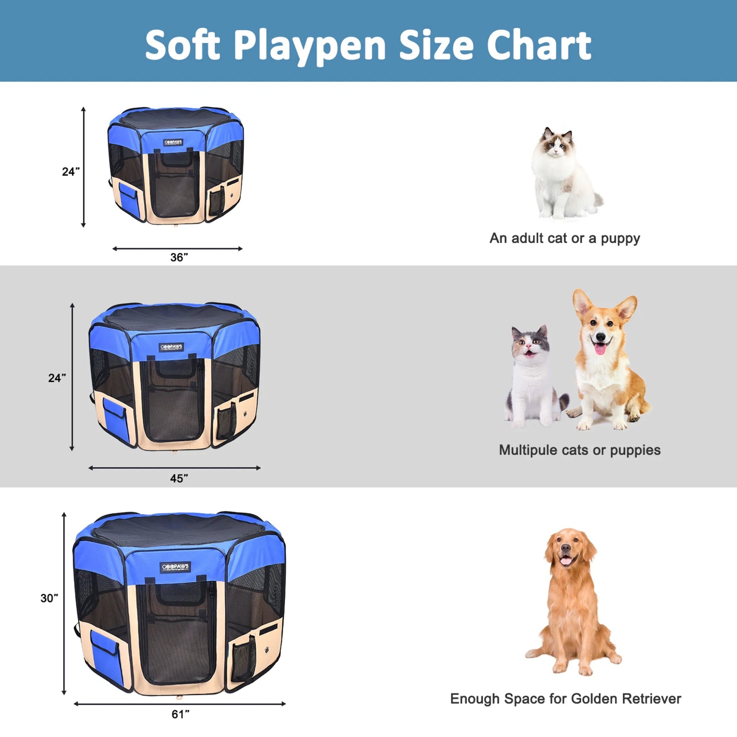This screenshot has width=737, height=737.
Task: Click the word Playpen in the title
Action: coord(310,46)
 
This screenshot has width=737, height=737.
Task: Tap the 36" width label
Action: coord(179,258)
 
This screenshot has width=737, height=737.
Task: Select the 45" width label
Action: coord(179,479)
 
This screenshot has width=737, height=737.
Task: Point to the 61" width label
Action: coord(181,714)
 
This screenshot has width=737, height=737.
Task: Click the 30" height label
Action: coord(49,598)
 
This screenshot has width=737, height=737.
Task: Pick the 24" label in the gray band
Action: coord(57,378)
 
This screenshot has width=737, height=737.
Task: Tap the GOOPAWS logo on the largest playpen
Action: coord(175,567)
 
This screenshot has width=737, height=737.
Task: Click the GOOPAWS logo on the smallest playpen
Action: coord(173,142)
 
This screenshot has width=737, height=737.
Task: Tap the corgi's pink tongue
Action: coord(600,349)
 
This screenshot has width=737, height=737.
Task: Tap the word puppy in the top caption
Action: coord(620,238)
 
